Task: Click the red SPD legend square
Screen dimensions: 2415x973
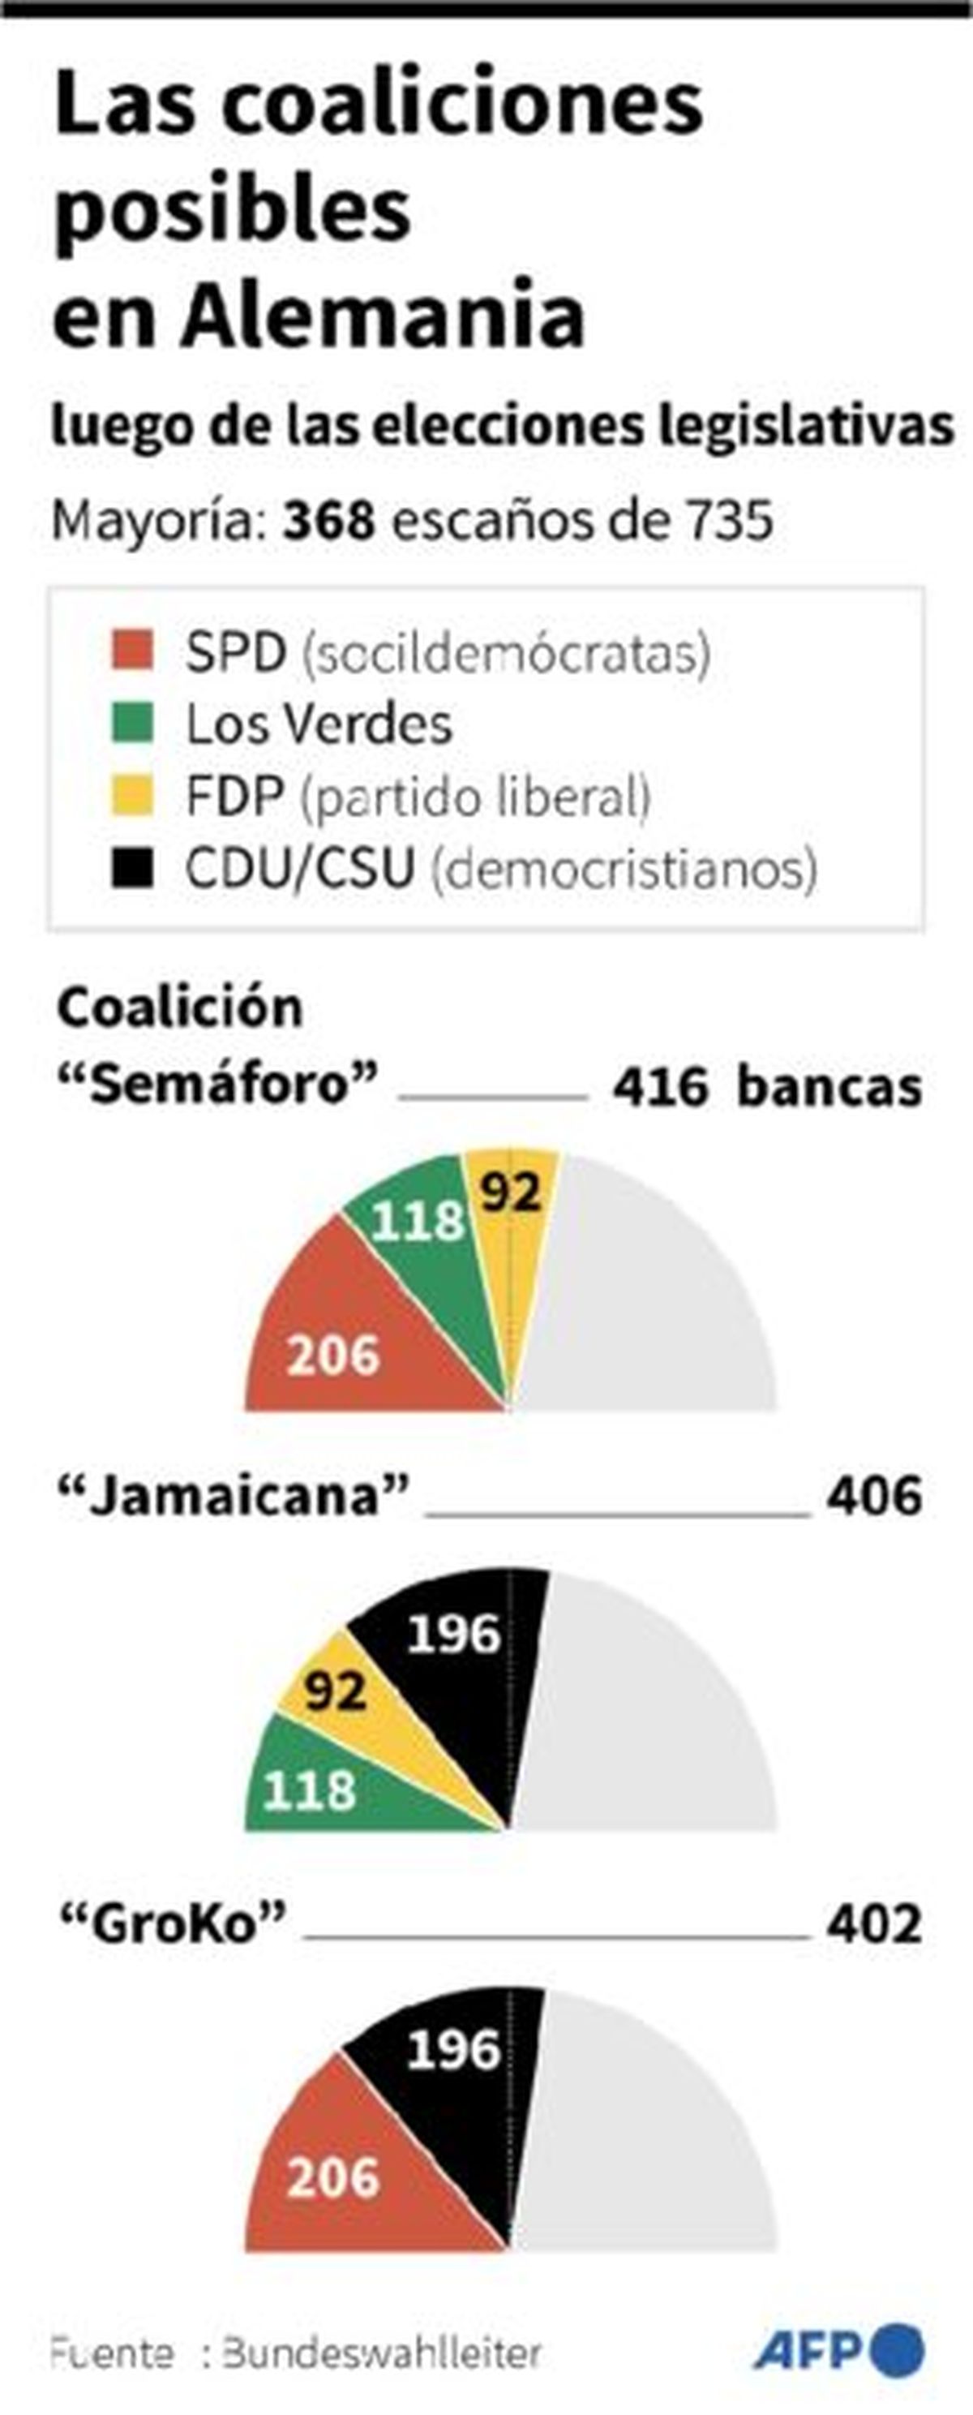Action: (132, 650)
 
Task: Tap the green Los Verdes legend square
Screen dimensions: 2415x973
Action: (132, 723)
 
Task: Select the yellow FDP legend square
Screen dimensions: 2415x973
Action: (132, 796)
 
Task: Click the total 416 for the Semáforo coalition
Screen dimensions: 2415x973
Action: (660, 1088)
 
